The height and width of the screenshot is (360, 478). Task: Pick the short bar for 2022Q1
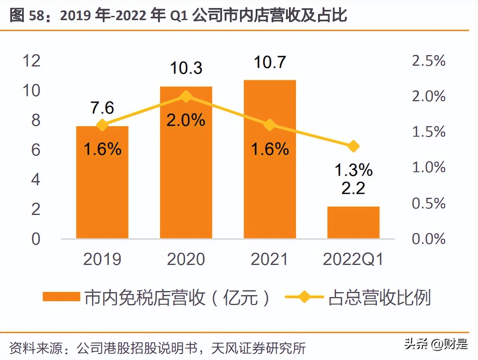pyautogui.click(x=353, y=222)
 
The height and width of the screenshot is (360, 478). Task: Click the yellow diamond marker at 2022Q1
pyautogui.click(x=353, y=146)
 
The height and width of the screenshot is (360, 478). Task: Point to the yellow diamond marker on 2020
pyautogui.click(x=186, y=96)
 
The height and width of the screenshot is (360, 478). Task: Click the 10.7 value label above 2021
pyautogui.click(x=270, y=62)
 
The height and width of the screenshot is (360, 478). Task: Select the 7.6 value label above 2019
pyautogui.click(x=102, y=108)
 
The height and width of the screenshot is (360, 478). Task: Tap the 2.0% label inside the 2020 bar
pyautogui.click(x=186, y=120)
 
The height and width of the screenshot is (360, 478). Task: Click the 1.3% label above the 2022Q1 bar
pyautogui.click(x=353, y=170)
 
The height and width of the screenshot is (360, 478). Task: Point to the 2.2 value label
pyautogui.click(x=353, y=188)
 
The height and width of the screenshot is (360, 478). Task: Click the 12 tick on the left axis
pyautogui.click(x=32, y=60)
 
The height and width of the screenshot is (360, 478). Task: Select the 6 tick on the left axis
pyautogui.click(x=35, y=150)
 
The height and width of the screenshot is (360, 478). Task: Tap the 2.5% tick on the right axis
pyautogui.click(x=428, y=60)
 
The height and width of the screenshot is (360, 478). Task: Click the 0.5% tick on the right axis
pyautogui.click(x=428, y=203)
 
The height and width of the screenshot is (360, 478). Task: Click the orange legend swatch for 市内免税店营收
pyautogui.click(x=61, y=297)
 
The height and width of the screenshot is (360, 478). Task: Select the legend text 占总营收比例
pyautogui.click(x=380, y=298)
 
